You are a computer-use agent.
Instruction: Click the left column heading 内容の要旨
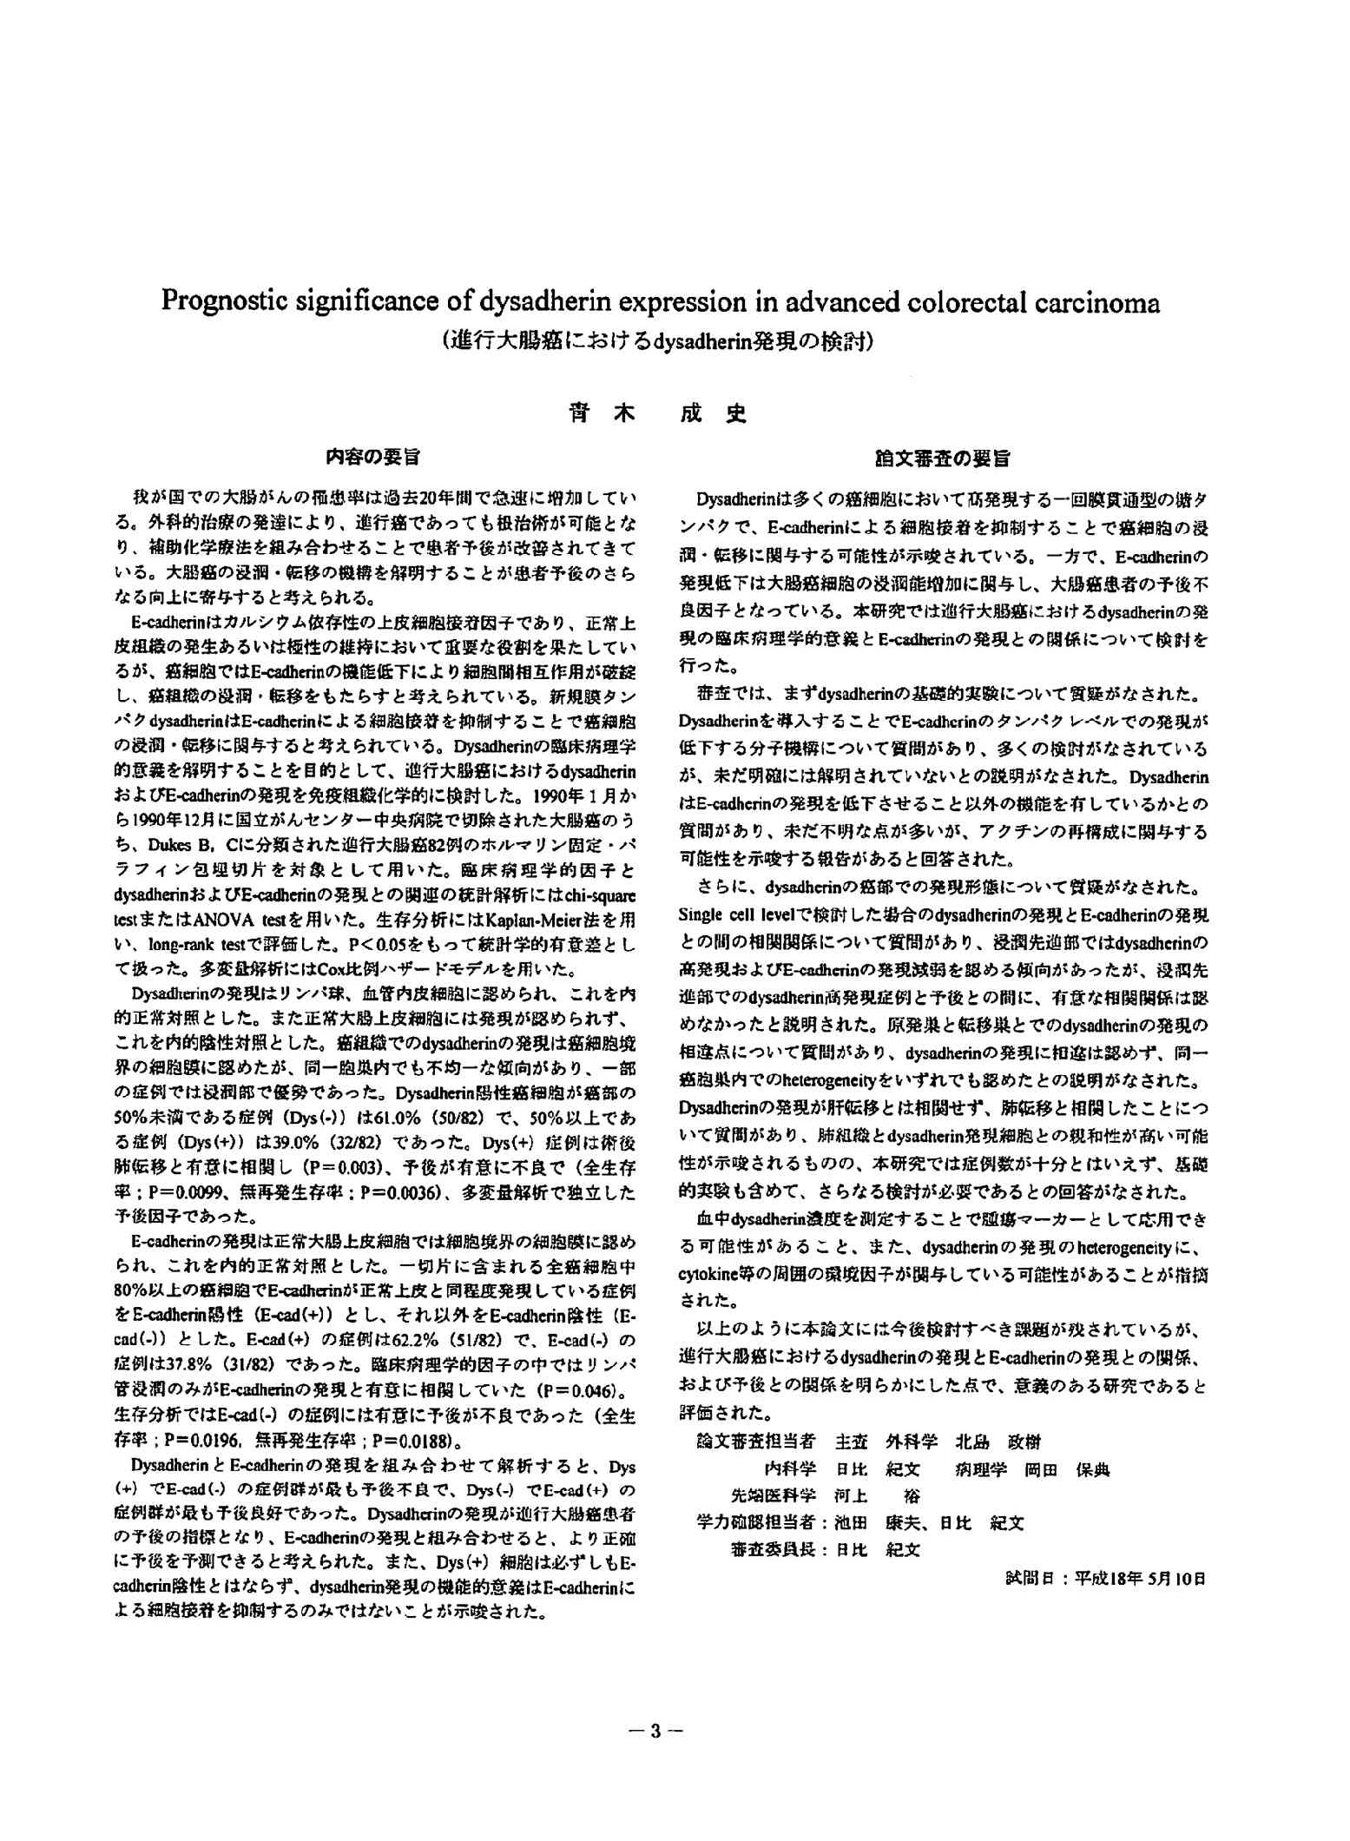[373, 456]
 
